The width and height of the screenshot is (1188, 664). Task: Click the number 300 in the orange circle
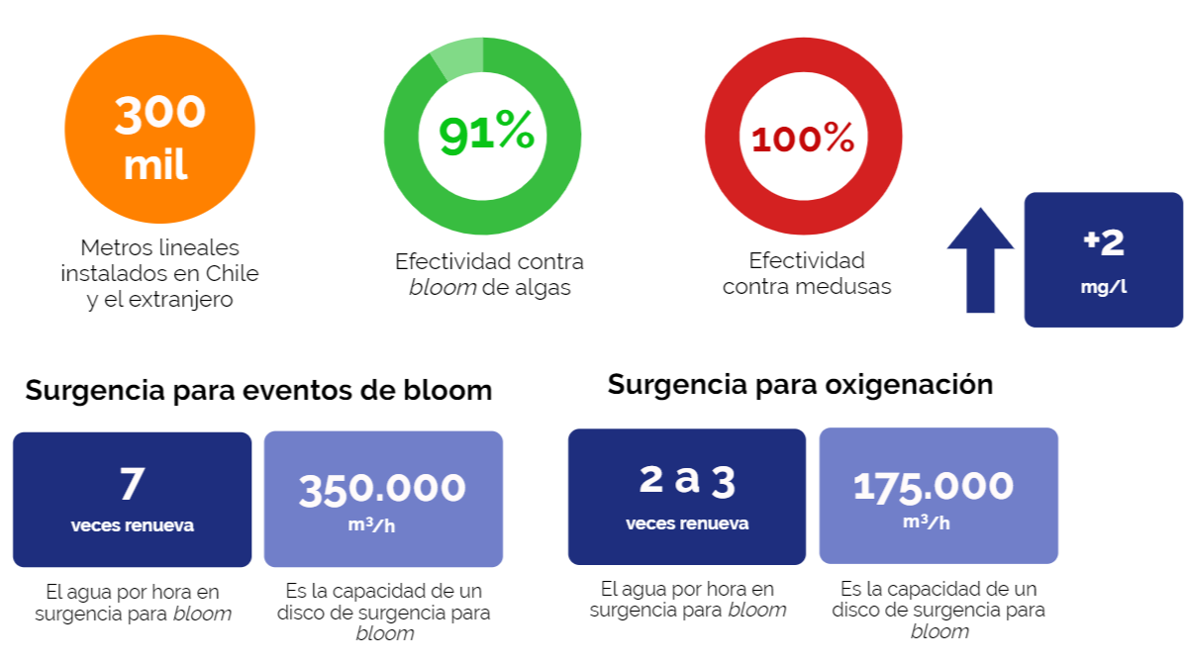(159, 113)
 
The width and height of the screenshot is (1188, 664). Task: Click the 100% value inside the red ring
(803, 140)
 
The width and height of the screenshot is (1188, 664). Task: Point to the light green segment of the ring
(457, 57)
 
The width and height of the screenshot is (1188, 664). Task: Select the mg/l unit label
(1103, 288)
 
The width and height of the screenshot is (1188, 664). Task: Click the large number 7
(132, 484)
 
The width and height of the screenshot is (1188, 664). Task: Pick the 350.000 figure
(382, 488)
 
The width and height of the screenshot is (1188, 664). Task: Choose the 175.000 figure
(934, 486)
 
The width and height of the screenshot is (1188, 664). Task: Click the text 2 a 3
(687, 480)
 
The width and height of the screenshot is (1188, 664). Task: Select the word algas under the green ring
(539, 288)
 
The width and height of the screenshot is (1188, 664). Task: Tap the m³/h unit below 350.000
(371, 524)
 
